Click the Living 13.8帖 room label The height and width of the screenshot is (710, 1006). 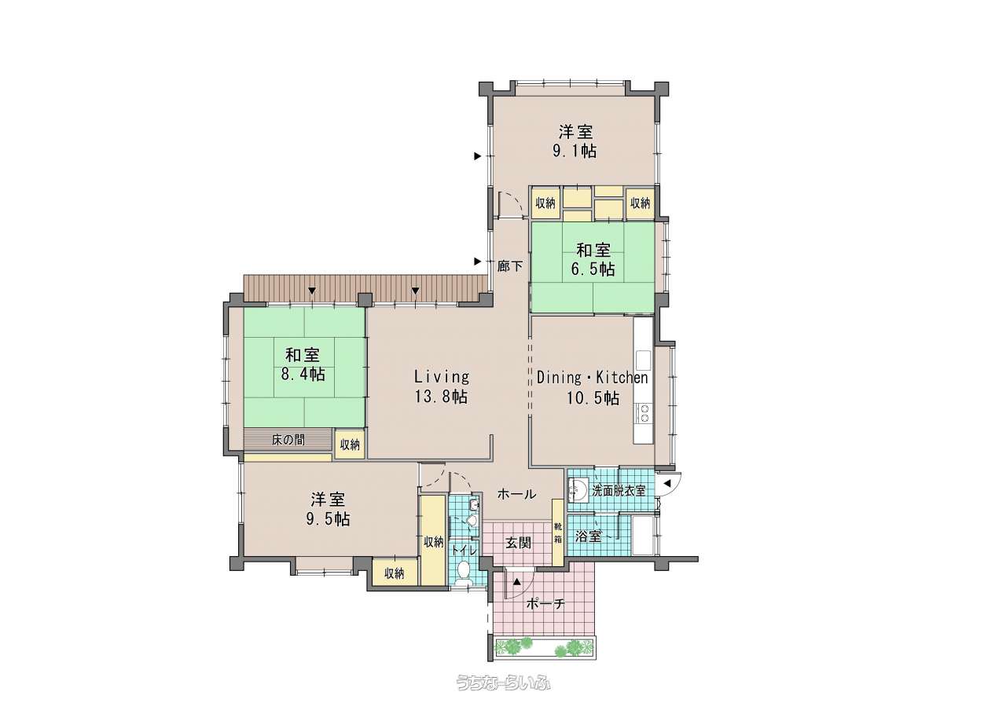[441, 386]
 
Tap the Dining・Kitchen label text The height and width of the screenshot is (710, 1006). [592, 378]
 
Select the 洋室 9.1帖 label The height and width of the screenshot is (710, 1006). [575, 141]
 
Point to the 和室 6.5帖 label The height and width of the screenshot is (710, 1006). [593, 259]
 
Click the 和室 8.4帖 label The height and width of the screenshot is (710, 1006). [303, 364]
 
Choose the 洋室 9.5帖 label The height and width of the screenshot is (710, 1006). [328, 509]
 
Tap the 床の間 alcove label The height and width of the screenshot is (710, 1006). [288, 439]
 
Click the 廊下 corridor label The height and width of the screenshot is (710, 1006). [510, 266]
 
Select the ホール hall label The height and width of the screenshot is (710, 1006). [516, 494]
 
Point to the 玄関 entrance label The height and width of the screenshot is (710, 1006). [518, 543]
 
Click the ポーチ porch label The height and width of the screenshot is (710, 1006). [545, 604]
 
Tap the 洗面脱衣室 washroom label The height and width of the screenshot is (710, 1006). [619, 491]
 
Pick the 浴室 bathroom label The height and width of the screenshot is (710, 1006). [588, 536]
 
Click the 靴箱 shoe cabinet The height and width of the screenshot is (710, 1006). [558, 532]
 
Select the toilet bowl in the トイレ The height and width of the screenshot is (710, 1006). [463, 571]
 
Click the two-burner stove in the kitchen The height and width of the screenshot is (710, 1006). [644, 413]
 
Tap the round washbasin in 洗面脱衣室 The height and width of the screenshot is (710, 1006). [577, 489]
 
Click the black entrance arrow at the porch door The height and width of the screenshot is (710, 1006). [517, 582]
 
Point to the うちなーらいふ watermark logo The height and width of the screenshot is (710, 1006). [503, 683]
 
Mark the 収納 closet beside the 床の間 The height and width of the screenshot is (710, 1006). [350, 445]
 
